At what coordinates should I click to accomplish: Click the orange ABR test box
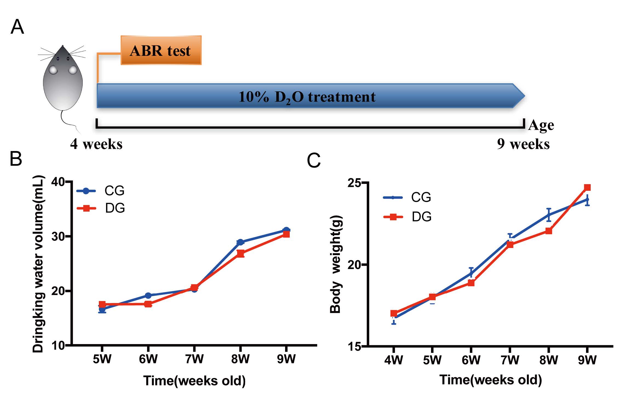pyautogui.click(x=161, y=50)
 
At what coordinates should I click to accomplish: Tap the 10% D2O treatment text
pyautogui.click(x=307, y=97)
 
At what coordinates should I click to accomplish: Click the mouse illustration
pyautogui.click(x=63, y=79)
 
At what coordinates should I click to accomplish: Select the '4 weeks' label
pyautogui.click(x=96, y=144)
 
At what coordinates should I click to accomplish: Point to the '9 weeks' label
pyautogui.click(x=523, y=144)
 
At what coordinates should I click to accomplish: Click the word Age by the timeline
pyautogui.click(x=541, y=125)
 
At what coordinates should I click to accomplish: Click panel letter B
pyautogui.click(x=16, y=159)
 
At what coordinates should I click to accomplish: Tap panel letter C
pyautogui.click(x=314, y=160)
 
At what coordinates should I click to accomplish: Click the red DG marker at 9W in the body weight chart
pyautogui.click(x=587, y=188)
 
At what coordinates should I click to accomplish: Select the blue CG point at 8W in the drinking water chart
pyautogui.click(x=240, y=242)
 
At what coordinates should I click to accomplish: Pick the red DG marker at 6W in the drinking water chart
pyautogui.click(x=148, y=304)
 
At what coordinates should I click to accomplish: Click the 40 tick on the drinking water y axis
pyautogui.click(x=58, y=182)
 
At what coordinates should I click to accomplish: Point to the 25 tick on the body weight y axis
pyautogui.click(x=354, y=183)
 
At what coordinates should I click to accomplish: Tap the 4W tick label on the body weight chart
pyautogui.click(x=394, y=360)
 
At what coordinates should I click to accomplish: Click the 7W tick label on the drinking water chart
pyautogui.click(x=194, y=359)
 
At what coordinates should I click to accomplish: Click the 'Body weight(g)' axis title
pyautogui.click(x=336, y=264)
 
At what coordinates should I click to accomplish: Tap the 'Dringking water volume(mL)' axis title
pyautogui.click(x=38, y=263)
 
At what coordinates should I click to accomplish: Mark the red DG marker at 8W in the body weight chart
pyautogui.click(x=549, y=231)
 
